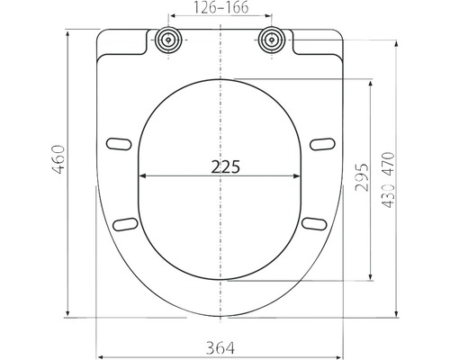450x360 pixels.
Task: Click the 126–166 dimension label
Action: tap(220, 7)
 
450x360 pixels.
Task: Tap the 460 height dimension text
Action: tap(58, 159)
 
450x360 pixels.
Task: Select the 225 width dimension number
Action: tap(226, 167)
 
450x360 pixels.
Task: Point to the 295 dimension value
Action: tap(361, 177)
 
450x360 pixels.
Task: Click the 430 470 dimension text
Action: tap(388, 180)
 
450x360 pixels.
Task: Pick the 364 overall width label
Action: tap(220, 348)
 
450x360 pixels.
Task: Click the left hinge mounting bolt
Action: tap(169, 40)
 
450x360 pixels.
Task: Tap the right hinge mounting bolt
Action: tap(272, 40)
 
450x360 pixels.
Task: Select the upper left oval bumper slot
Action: tap(119, 143)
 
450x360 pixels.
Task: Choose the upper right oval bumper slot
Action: tap(322, 144)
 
